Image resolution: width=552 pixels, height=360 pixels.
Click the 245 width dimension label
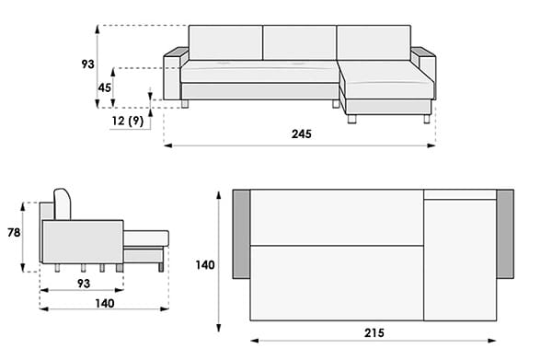coord(302,134)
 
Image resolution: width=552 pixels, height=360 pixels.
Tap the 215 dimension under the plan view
coord(374,333)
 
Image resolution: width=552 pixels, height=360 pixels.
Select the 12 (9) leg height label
coord(128,121)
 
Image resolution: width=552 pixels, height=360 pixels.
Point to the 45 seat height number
coord(105,87)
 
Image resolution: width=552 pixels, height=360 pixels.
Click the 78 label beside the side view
coord(14,233)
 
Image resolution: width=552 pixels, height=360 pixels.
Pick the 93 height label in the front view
coord(88,64)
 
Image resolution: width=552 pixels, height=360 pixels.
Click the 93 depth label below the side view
coord(84,284)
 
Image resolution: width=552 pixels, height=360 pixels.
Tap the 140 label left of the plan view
coord(205,265)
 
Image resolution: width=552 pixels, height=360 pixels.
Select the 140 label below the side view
coord(105,303)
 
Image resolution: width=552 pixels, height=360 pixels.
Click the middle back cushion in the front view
coord(299,42)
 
